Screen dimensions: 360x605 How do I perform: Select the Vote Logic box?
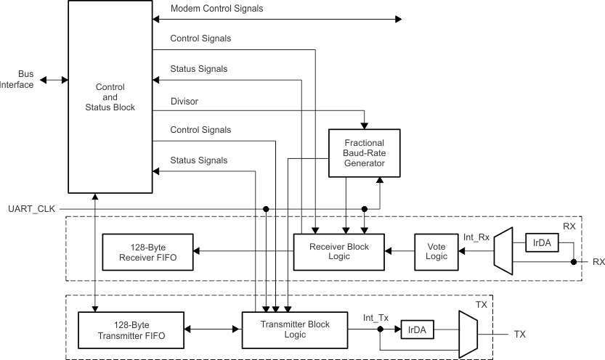tap(437, 252)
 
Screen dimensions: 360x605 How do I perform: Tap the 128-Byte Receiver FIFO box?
tap(148, 252)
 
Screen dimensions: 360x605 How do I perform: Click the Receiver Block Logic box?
tap(339, 252)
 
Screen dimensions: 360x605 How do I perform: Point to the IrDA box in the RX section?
tap(542, 243)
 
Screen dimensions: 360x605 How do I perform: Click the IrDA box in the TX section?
tap(417, 330)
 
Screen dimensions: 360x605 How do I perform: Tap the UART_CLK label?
tap(26, 209)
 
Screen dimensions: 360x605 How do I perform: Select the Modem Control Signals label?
tap(216, 9)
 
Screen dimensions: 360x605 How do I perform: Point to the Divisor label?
tap(185, 101)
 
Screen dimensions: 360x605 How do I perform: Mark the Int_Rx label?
tap(477, 237)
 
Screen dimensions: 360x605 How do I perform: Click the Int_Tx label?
tap(376, 317)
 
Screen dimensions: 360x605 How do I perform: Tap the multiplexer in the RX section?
tap(503, 251)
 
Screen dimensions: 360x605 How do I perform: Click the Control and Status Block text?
tap(110, 97)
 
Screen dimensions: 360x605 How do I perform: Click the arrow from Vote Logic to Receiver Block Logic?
tap(399, 252)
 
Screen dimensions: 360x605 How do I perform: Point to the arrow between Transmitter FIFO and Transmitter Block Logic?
tap(212, 330)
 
